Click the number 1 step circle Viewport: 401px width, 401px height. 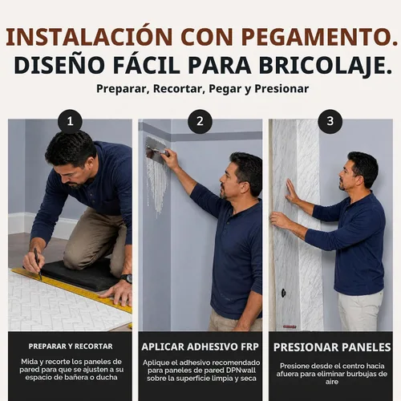tap(70, 121)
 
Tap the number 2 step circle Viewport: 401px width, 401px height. tap(200, 121)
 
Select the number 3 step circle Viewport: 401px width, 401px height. tap(330, 121)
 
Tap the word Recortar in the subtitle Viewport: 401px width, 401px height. tap(178, 89)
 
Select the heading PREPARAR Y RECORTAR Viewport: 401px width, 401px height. tap(71, 346)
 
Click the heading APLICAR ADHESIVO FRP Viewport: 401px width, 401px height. tap(200, 346)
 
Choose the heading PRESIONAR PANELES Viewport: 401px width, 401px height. tap(332, 347)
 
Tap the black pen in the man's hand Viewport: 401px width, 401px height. tap(38, 264)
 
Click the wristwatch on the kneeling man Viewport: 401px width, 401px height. tap(127, 278)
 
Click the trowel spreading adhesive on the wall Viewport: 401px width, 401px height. tap(156, 149)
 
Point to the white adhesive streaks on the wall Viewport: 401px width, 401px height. tap(157, 184)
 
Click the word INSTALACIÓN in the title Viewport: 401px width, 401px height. tap(89, 37)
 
